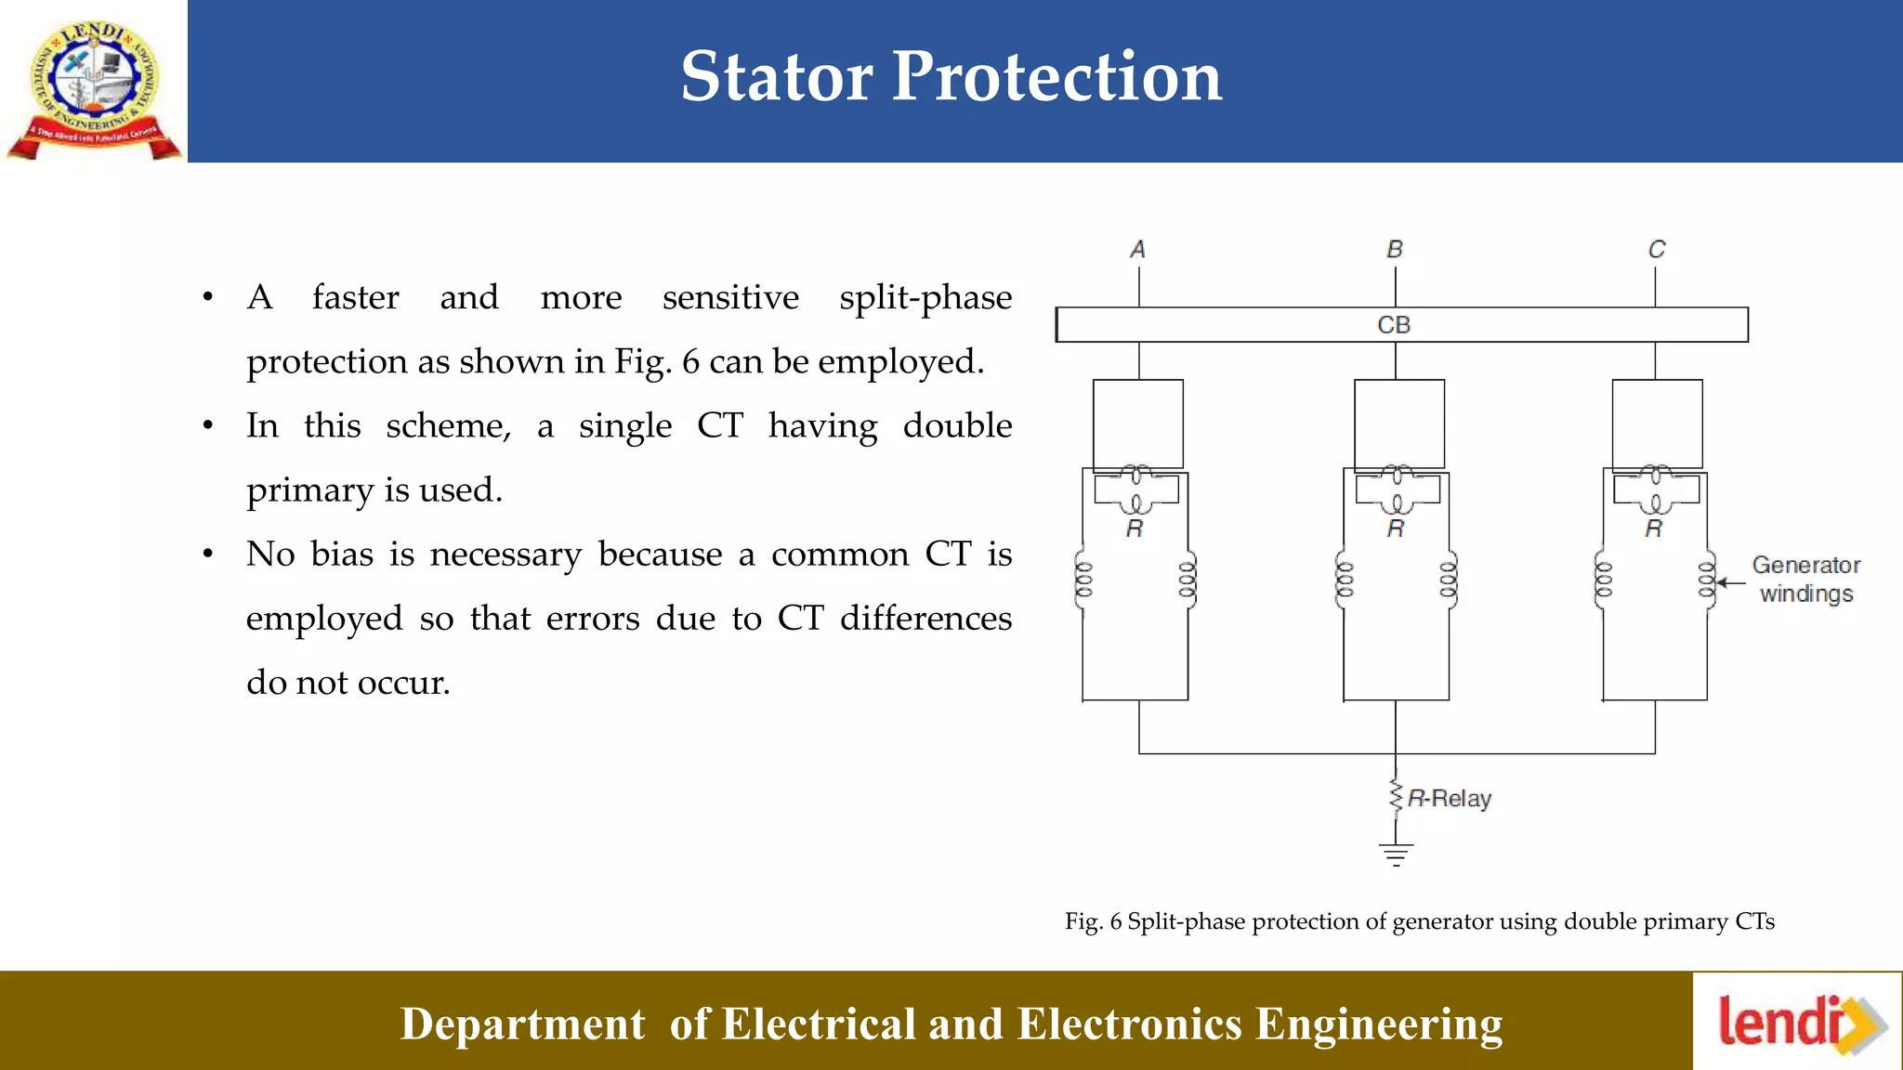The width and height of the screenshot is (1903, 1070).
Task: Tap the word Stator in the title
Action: (777, 76)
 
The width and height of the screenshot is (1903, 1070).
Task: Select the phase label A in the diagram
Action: (1137, 249)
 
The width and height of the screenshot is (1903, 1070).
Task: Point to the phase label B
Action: (1395, 249)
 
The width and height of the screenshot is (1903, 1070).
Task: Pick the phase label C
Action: (1656, 249)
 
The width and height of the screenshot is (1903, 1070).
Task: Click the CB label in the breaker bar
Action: (1394, 325)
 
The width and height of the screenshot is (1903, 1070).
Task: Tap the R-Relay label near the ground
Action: (1449, 799)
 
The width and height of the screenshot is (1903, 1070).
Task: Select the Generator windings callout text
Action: (1805, 580)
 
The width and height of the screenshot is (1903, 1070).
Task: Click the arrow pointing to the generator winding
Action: (1729, 582)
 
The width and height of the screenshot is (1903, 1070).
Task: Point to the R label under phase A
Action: (1135, 529)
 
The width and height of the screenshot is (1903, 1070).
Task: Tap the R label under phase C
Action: (1654, 529)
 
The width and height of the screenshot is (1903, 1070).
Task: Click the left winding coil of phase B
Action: (1345, 581)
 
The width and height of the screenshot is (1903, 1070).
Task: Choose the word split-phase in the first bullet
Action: (925, 298)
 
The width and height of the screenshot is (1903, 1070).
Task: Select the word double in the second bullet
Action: (957, 426)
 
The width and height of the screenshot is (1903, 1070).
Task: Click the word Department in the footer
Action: (522, 1024)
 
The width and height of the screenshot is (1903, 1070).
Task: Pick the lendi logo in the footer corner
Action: (1799, 1023)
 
